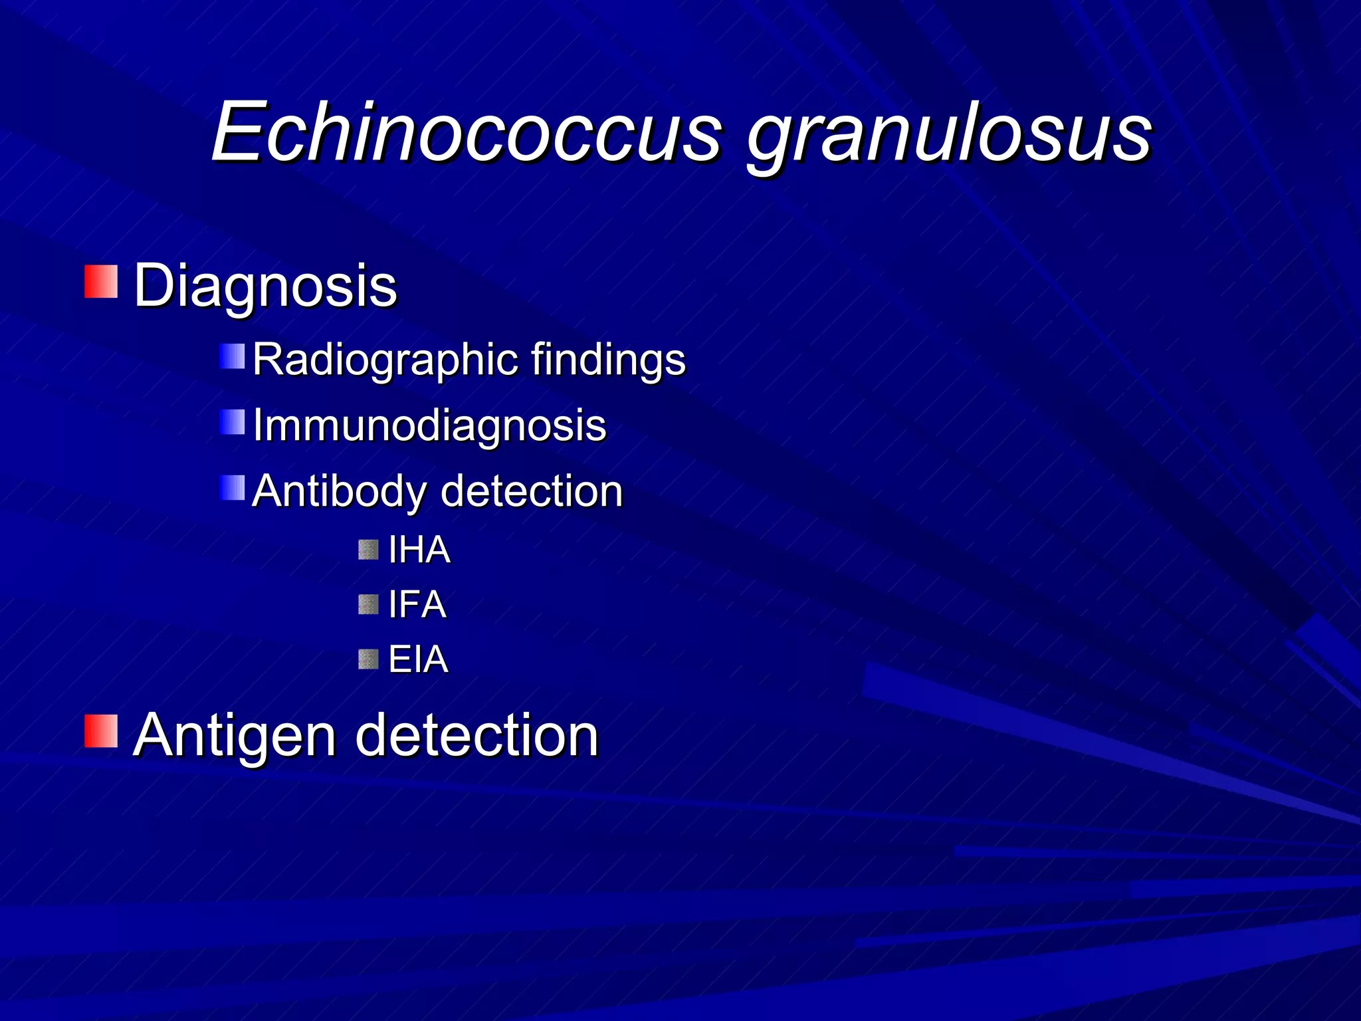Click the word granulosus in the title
coord(949,136)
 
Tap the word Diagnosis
coord(265,286)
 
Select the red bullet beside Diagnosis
coord(101,281)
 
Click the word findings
coord(608,361)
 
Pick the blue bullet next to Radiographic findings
coord(233,356)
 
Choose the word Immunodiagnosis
coord(429,426)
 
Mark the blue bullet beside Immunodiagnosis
coord(233,422)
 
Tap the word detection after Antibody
coord(532,491)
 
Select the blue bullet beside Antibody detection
coord(233,488)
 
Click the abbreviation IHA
coord(419,550)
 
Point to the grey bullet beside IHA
coord(368,550)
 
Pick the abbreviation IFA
coord(417,605)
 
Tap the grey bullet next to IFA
coord(368,605)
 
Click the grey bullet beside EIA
coord(368,659)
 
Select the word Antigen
coord(235,737)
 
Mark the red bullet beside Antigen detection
coord(101,731)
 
